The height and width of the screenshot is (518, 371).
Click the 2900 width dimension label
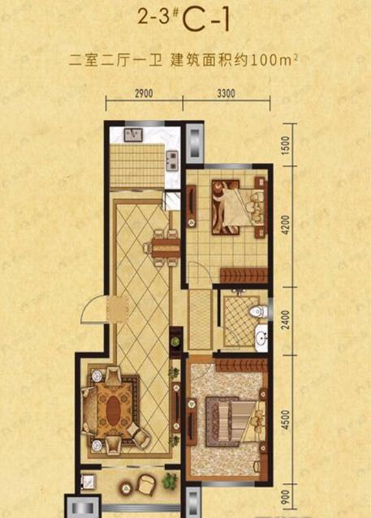click(x=144, y=93)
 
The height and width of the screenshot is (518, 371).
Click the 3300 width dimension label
click(x=226, y=93)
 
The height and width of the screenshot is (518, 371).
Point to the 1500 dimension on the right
click(x=286, y=144)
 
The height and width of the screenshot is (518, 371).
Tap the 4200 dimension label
click(x=286, y=225)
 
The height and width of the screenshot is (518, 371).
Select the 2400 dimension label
click(x=286, y=319)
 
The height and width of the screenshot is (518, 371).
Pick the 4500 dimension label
click(x=286, y=420)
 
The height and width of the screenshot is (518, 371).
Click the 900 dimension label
click(x=286, y=497)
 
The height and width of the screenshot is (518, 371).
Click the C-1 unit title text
click(x=206, y=20)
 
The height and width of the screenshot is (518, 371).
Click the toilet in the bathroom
click(x=257, y=310)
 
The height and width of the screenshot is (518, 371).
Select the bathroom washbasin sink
click(x=261, y=337)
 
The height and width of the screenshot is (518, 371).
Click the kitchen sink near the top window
click(x=133, y=135)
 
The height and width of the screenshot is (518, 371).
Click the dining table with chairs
click(x=163, y=248)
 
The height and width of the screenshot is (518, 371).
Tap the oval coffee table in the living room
click(x=114, y=410)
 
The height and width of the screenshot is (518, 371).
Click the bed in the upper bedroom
click(x=239, y=208)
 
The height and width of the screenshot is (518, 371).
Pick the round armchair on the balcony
click(x=147, y=484)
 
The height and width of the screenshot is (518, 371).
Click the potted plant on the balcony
click(x=170, y=481)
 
